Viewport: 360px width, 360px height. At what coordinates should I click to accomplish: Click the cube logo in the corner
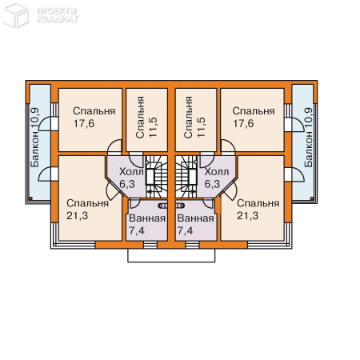(x=15, y=14)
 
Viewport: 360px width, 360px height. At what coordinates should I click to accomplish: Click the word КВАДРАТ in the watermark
(x=58, y=19)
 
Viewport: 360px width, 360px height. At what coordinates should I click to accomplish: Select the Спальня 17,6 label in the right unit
(x=254, y=118)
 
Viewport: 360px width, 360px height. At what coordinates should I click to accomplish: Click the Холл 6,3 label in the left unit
(x=131, y=178)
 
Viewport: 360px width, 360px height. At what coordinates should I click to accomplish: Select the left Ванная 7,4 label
(x=147, y=224)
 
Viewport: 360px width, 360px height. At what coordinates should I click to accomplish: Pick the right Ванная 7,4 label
(x=196, y=224)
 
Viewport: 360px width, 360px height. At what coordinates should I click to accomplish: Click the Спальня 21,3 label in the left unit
(x=87, y=210)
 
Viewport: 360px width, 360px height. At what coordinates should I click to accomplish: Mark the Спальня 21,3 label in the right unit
(x=258, y=210)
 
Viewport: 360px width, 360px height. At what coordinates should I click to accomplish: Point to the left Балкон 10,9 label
(x=35, y=138)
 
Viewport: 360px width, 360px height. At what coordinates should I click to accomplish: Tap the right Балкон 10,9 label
(x=308, y=138)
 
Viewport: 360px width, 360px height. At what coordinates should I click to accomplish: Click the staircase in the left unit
(x=157, y=177)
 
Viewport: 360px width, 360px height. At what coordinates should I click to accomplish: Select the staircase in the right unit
(x=186, y=177)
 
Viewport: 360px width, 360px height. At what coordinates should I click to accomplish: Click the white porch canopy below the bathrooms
(x=171, y=255)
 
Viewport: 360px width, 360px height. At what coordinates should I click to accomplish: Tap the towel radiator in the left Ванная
(x=163, y=206)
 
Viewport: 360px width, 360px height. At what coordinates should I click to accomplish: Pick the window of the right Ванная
(x=192, y=245)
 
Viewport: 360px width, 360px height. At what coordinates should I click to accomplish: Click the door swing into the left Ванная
(x=134, y=203)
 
